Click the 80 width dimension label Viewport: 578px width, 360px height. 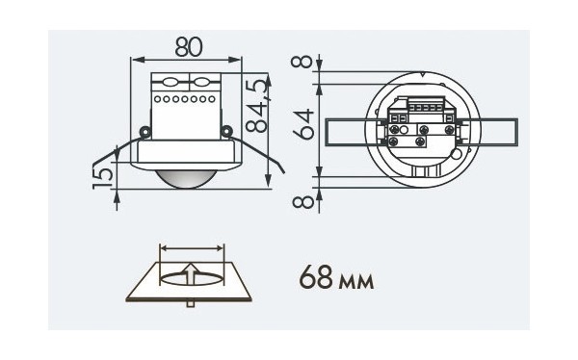click(189, 47)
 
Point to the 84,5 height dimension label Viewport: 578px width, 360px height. click(256, 105)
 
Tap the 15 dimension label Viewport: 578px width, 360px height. click(103, 178)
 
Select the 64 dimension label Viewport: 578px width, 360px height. click(303, 124)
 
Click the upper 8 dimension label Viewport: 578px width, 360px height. click(302, 61)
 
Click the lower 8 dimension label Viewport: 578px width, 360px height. click(303, 201)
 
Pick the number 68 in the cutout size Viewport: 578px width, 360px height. click(316, 277)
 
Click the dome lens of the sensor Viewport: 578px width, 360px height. click(184, 179)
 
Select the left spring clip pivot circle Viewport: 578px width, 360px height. click(144, 131)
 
